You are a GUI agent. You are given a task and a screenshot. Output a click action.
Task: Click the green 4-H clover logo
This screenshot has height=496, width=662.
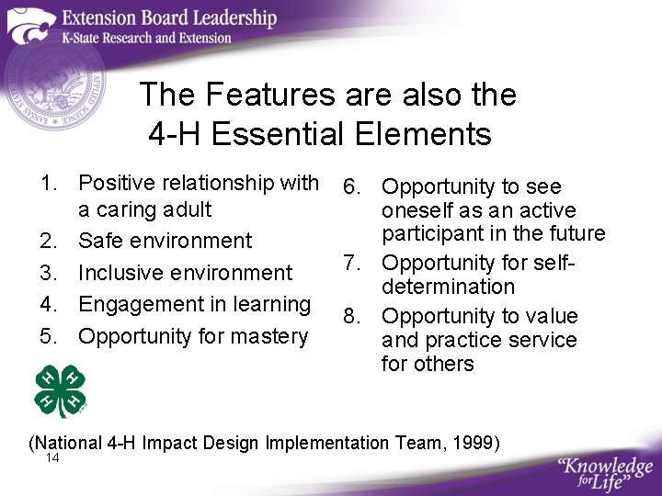[60, 390]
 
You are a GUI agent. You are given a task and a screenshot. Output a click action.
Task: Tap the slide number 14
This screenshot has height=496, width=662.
[51, 458]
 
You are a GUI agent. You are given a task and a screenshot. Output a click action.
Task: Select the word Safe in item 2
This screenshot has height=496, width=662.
[100, 241]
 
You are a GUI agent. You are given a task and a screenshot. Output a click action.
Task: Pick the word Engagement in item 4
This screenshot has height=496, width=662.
[134, 304]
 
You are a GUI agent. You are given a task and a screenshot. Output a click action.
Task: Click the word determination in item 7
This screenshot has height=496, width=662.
[448, 287]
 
